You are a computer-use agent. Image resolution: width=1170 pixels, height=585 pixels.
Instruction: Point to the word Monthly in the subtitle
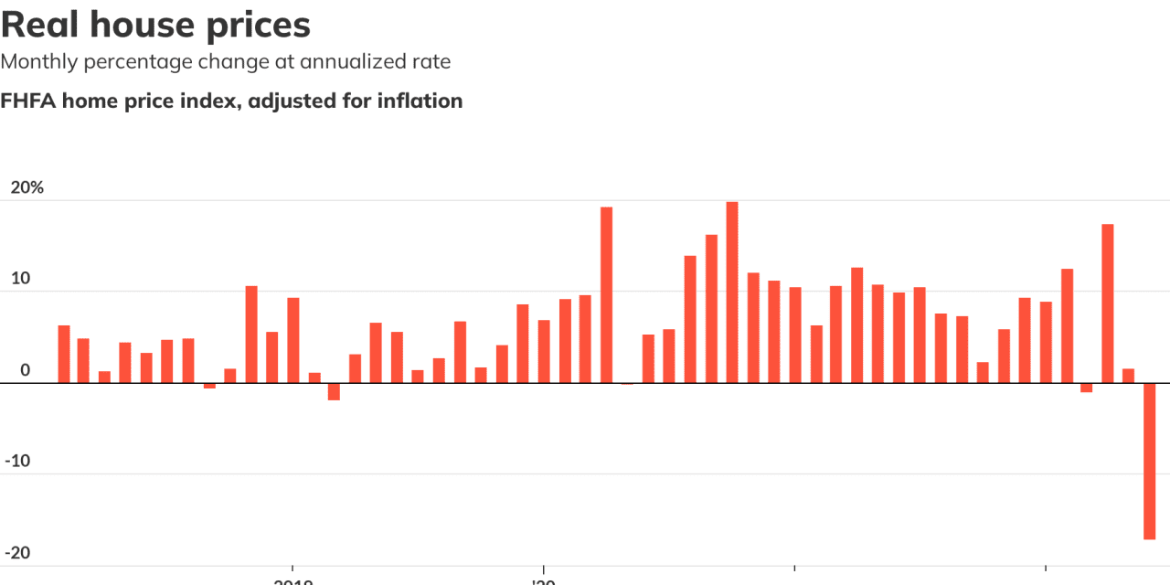point(39,62)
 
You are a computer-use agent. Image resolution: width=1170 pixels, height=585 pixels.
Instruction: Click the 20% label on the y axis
point(27,187)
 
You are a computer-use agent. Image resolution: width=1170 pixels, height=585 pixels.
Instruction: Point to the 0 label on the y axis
point(25,370)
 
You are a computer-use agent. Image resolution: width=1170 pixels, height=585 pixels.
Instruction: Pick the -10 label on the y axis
point(18,461)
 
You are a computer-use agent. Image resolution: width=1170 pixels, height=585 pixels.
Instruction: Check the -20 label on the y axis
point(18,552)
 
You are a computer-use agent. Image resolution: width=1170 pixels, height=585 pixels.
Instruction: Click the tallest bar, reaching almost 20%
point(732,292)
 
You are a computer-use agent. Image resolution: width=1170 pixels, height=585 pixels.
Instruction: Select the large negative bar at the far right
point(1149,461)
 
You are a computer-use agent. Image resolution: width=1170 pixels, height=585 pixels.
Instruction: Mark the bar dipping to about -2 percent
point(334,391)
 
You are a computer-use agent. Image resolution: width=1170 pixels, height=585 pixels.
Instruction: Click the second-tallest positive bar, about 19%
point(606,295)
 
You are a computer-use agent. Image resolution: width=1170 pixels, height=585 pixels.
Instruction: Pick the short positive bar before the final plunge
point(1128,376)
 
